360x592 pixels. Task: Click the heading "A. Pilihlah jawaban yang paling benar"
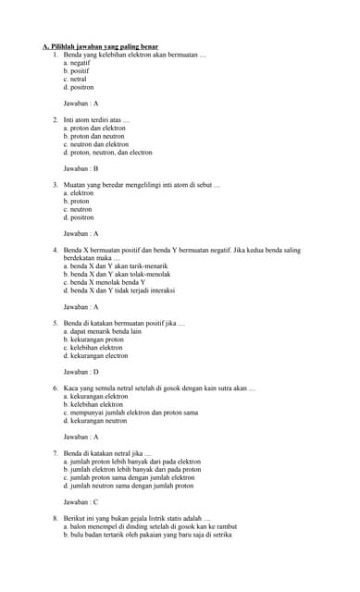click(100, 46)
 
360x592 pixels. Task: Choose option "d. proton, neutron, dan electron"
click(107, 152)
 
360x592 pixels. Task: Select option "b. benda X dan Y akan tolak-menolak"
click(117, 274)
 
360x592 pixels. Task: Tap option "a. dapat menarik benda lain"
click(102, 330)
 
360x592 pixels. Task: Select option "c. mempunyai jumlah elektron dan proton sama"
click(130, 412)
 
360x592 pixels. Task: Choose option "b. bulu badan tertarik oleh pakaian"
click(147, 535)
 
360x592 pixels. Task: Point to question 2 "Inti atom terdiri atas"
click(96, 119)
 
